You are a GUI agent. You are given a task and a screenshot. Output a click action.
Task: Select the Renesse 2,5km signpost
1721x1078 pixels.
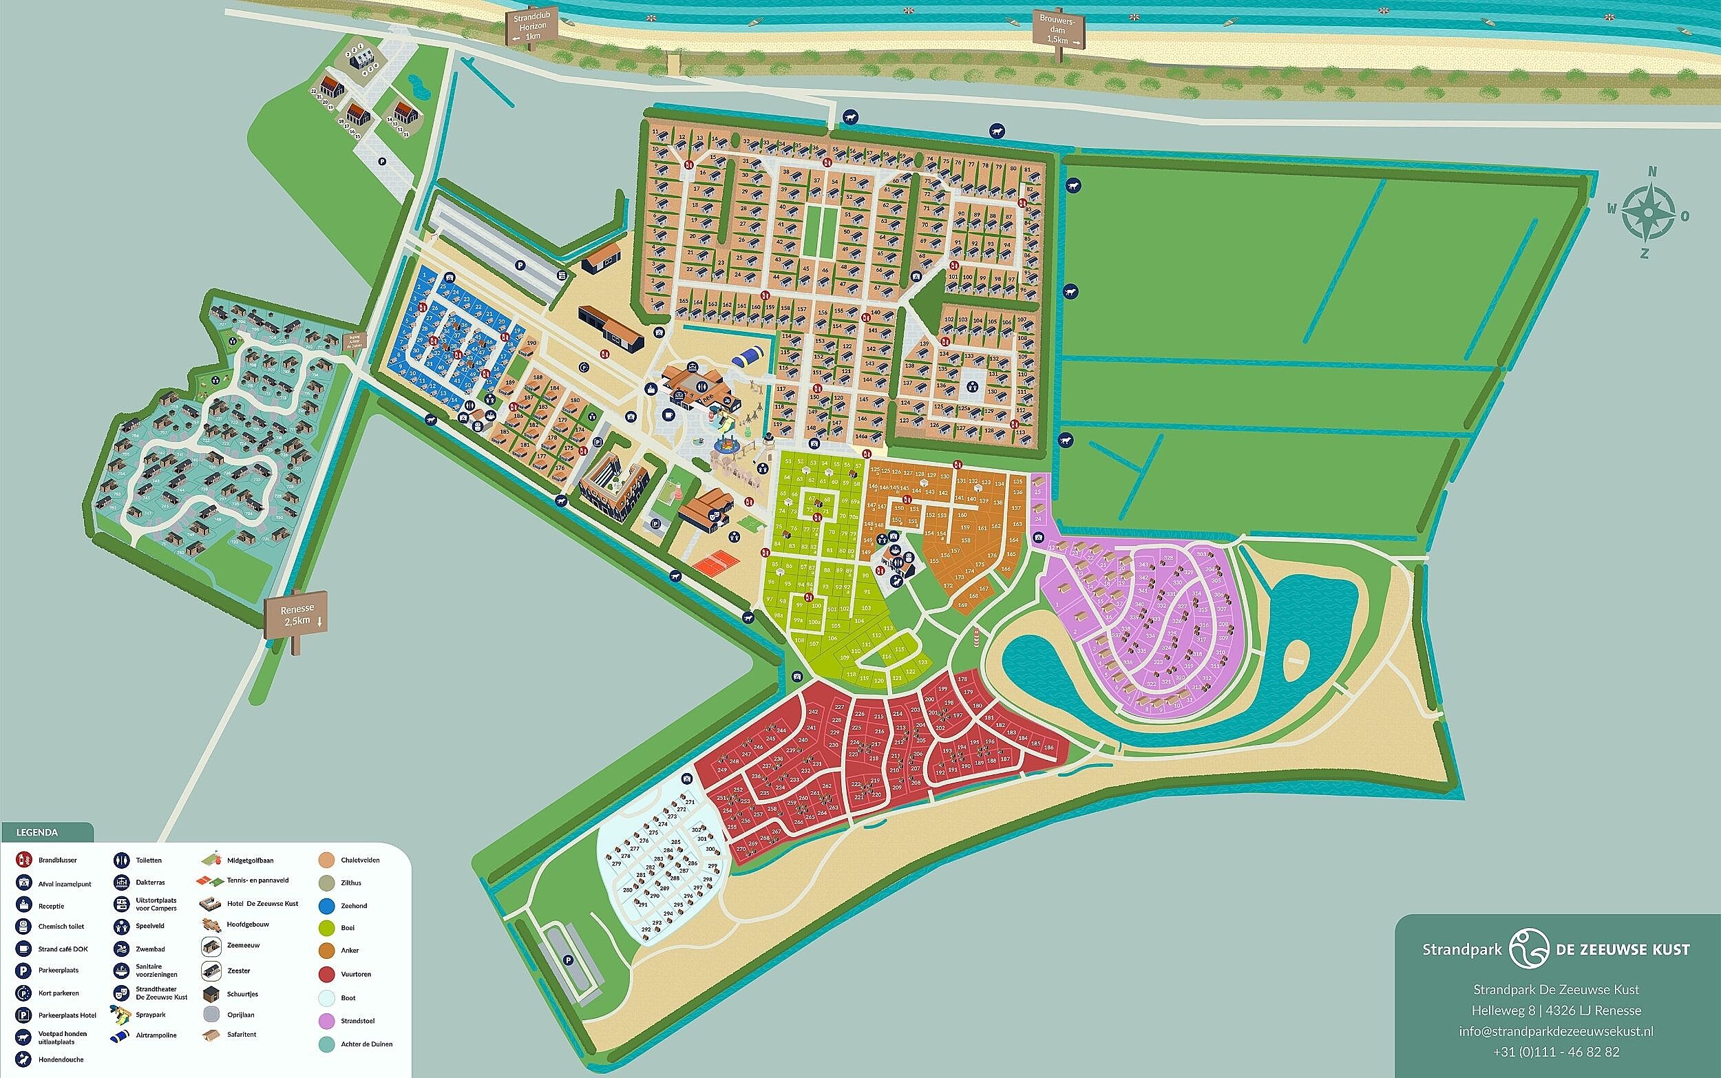296,615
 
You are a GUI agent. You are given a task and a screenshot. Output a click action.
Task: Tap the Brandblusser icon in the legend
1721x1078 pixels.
24,860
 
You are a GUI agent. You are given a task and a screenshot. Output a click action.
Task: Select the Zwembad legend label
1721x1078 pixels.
151,950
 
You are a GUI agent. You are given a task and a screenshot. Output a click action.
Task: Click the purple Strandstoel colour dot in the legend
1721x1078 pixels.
327,1021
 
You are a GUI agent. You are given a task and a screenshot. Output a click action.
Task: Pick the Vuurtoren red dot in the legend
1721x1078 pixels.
327,974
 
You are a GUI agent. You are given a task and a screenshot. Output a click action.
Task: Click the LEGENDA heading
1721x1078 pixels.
37,832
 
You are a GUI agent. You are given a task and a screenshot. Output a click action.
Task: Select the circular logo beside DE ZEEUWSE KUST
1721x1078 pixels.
1528,949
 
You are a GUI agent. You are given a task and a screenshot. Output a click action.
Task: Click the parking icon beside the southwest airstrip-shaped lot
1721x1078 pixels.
569,960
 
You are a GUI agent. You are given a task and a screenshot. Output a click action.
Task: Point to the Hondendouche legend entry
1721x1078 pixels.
24,1059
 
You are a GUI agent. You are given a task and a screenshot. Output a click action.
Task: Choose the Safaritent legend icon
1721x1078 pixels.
211,1035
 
